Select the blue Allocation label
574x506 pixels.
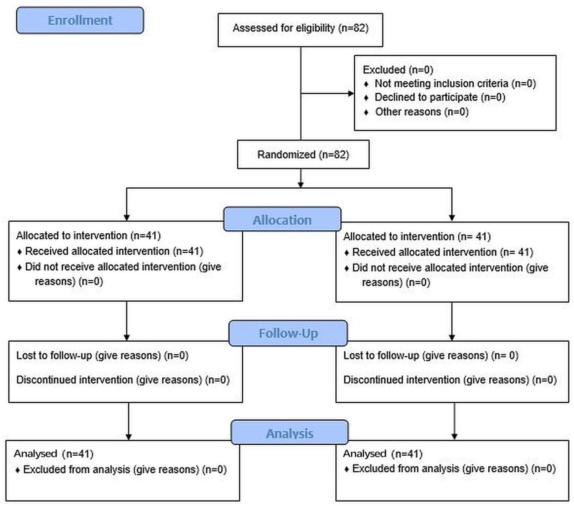click(x=282, y=219)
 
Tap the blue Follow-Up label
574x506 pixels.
click(x=288, y=333)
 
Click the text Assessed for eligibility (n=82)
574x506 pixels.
click(x=300, y=28)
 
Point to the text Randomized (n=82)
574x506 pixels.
click(x=303, y=154)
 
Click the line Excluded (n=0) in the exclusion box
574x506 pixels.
click(x=398, y=70)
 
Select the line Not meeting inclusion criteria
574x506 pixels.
click(x=455, y=83)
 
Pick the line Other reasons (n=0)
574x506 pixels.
click(x=422, y=112)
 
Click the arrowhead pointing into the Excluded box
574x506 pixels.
click(x=351, y=93)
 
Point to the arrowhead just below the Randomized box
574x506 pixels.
click(x=301, y=185)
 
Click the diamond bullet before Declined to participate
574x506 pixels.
click(x=366, y=98)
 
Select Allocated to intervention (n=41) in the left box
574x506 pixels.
click(x=88, y=235)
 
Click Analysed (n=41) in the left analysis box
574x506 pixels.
click(x=54, y=454)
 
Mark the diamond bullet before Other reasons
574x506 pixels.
click(x=366, y=112)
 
